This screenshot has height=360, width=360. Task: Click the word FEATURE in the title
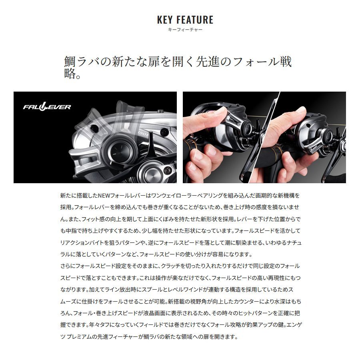[x=195, y=20]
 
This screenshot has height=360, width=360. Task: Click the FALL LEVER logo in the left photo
[x=47, y=107]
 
